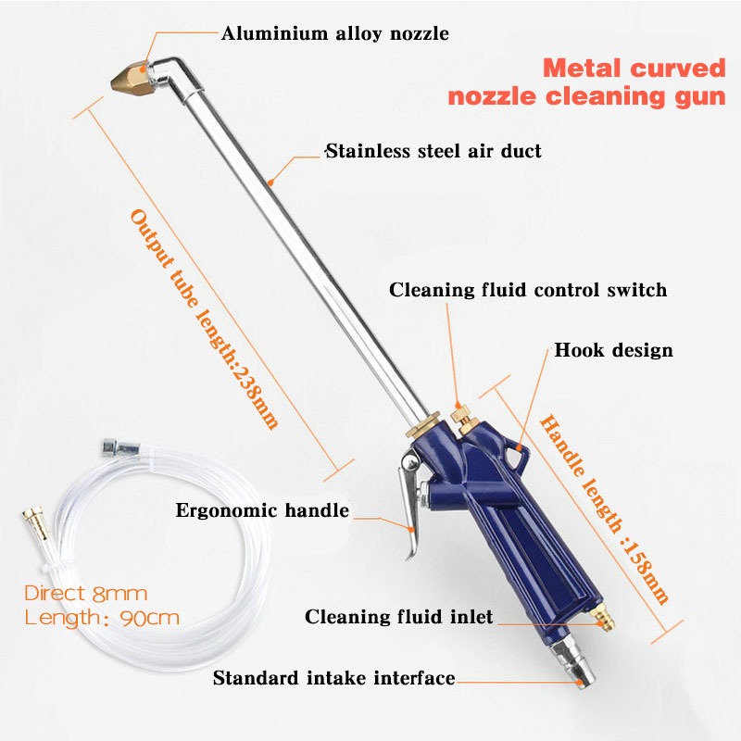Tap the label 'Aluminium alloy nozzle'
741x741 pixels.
[334, 34]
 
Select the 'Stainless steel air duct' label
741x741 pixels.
[433, 150]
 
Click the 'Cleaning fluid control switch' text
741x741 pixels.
[527, 290]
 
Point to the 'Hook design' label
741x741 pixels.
[613, 350]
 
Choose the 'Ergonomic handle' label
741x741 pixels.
[262, 509]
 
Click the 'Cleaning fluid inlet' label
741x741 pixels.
[398, 616]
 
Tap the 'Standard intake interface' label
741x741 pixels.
[333, 678]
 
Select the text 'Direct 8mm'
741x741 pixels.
[85, 594]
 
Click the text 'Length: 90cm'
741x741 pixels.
[102, 618]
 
